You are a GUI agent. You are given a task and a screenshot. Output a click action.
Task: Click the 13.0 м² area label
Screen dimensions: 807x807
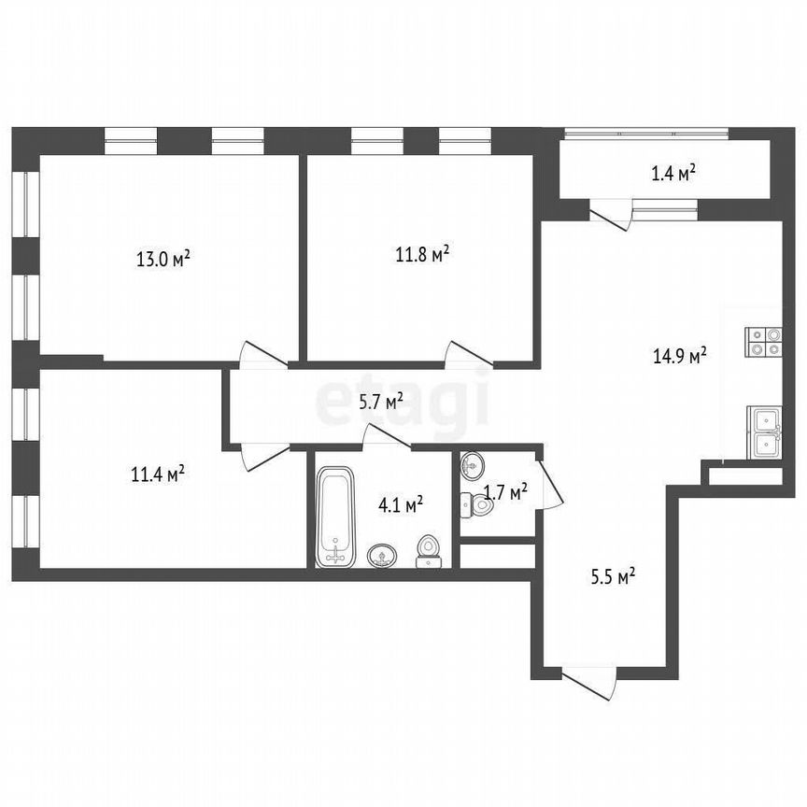click(163, 259)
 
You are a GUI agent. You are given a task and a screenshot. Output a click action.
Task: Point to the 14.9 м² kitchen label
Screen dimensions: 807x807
click(678, 355)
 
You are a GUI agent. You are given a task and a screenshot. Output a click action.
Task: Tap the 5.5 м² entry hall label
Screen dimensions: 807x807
click(612, 576)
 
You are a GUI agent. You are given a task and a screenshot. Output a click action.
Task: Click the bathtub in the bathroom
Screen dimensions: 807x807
click(335, 518)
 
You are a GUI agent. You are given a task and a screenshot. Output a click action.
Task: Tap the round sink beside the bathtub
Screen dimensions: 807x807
click(381, 557)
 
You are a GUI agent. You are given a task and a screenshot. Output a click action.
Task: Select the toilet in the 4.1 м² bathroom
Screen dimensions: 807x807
click(429, 551)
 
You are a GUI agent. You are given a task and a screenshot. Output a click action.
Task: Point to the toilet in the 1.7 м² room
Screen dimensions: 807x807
click(478, 505)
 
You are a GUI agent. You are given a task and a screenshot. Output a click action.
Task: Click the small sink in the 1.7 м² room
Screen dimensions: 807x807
click(473, 464)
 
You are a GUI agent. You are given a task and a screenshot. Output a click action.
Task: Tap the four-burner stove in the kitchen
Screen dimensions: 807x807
click(763, 342)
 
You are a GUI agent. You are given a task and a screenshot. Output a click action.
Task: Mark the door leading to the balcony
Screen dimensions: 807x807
click(609, 214)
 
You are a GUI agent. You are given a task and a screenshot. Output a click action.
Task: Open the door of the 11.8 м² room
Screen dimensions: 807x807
click(467, 354)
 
